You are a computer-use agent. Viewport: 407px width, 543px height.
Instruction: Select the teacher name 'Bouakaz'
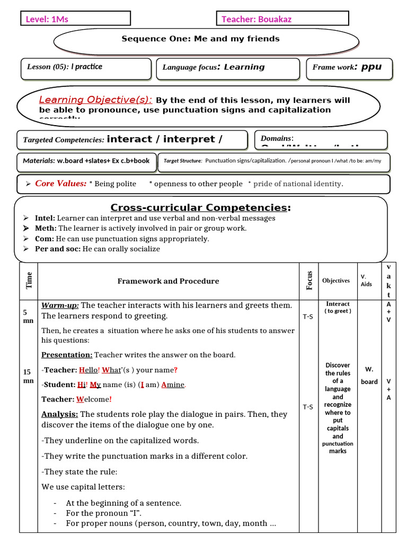pos(274,20)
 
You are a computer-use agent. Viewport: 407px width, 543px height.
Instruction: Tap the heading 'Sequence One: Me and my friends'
pos(200,39)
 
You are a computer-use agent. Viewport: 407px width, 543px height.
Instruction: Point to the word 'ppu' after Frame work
pos(371,67)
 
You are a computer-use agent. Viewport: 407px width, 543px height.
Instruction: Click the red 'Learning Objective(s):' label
pos(96,100)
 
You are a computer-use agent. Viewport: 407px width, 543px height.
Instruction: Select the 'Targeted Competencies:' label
pos(64,140)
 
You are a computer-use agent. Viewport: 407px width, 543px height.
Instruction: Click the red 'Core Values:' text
pos(60,183)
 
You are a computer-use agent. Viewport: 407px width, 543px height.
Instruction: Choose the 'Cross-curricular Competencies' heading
pos(200,207)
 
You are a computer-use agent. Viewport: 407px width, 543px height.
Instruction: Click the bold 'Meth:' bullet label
pos(46,229)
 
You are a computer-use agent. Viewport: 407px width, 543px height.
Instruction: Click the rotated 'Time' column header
pos(29,281)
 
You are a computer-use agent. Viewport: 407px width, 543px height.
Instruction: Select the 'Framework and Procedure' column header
pos(168,281)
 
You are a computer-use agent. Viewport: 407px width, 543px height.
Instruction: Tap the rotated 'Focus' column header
pos(309,281)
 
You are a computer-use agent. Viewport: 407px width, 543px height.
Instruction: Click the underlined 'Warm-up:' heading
pos(60,305)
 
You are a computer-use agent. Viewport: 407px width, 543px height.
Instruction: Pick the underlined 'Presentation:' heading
pos(67,355)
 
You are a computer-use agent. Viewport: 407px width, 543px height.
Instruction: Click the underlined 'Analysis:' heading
pos(60,414)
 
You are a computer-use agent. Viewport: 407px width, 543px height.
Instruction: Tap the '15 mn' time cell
pos(28,376)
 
